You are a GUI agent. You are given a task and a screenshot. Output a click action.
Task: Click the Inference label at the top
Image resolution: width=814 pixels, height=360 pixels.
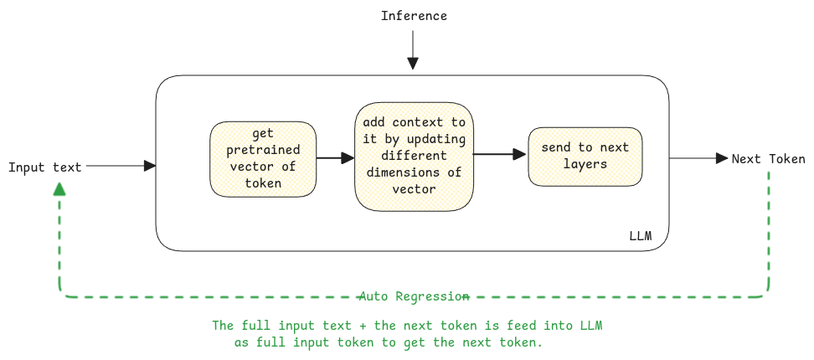(x=414, y=16)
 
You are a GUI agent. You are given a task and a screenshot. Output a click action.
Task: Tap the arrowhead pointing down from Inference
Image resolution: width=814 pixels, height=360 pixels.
(x=412, y=63)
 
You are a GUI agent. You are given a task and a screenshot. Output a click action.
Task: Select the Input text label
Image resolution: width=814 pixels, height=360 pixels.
(x=45, y=167)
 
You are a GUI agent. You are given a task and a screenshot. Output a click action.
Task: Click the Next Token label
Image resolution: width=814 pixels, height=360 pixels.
(x=768, y=159)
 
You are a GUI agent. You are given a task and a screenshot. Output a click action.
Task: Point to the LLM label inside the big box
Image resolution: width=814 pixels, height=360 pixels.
(x=640, y=235)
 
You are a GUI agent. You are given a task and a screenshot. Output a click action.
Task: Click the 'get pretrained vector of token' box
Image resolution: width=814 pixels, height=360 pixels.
(x=263, y=159)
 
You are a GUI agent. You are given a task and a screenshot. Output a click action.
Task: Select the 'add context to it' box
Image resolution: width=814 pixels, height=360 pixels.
(x=414, y=157)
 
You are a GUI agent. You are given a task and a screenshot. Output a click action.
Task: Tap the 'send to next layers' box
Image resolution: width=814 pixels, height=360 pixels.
(x=585, y=157)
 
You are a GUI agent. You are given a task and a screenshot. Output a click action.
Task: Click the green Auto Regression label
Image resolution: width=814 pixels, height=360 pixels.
(x=414, y=296)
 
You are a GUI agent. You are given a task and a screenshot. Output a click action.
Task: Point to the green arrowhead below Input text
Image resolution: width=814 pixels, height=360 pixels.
(x=59, y=189)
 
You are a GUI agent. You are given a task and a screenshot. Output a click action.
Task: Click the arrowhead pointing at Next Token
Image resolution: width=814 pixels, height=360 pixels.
(x=721, y=158)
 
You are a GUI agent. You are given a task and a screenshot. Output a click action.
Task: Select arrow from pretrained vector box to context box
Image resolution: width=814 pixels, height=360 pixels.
(x=335, y=157)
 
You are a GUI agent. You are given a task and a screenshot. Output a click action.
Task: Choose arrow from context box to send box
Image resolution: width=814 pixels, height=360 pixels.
(x=500, y=154)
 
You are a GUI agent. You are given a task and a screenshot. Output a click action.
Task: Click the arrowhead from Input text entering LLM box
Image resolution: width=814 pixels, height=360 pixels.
(x=150, y=166)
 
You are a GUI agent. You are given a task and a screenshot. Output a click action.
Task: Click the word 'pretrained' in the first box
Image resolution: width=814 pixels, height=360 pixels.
(x=263, y=151)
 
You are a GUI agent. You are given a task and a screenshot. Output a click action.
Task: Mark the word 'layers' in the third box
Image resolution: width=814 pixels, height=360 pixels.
(x=585, y=164)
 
